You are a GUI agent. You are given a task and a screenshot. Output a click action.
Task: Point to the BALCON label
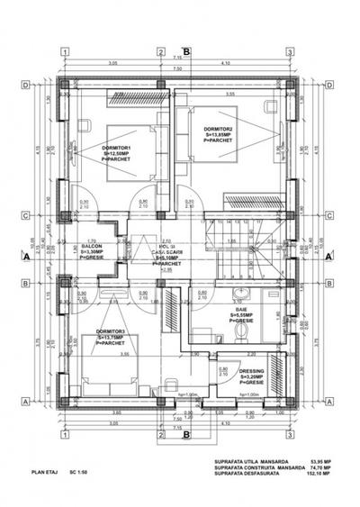92,246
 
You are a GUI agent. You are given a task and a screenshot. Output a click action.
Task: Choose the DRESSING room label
252,370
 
